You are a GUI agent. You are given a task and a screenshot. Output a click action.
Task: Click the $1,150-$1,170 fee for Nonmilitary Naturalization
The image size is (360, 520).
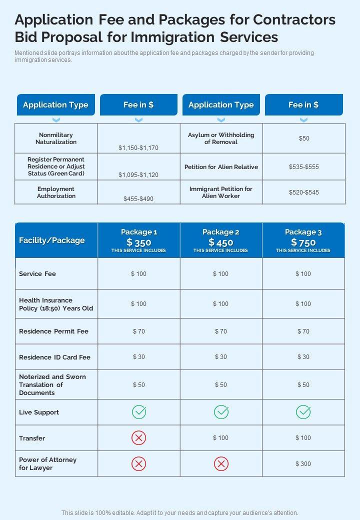138,148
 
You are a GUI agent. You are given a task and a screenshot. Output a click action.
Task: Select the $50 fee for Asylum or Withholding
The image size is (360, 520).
304,138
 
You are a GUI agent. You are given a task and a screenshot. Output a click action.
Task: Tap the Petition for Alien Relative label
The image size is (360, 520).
221,167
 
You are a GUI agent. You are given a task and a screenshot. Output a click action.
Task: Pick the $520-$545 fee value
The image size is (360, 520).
304,192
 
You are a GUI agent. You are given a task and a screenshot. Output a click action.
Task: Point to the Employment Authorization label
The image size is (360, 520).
56,192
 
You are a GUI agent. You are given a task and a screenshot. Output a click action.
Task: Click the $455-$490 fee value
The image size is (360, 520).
138,199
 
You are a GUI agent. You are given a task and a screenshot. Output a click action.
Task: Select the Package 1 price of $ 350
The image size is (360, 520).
139,242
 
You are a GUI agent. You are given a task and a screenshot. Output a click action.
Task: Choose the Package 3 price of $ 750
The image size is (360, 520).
303,242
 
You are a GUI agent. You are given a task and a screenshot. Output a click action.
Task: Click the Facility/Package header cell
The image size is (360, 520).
52,240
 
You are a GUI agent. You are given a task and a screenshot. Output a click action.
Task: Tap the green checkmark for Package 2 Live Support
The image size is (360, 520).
221,412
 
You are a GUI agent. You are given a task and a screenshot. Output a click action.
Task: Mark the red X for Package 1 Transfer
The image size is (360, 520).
139,438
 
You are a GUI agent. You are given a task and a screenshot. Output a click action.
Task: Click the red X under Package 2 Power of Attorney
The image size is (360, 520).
221,464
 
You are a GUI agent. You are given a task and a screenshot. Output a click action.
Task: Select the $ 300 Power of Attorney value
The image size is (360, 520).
303,464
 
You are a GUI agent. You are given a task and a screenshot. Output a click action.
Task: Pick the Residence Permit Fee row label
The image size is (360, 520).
53,331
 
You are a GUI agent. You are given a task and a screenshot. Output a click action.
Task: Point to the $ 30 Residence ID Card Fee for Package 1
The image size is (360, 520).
139,357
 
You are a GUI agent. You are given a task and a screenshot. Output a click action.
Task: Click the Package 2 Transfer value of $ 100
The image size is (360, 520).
220,438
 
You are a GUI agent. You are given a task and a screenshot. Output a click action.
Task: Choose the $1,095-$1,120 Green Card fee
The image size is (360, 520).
138,175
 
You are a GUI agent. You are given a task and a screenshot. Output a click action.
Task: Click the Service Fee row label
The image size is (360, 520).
37,274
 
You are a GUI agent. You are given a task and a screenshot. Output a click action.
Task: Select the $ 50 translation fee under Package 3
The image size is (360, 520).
303,385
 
